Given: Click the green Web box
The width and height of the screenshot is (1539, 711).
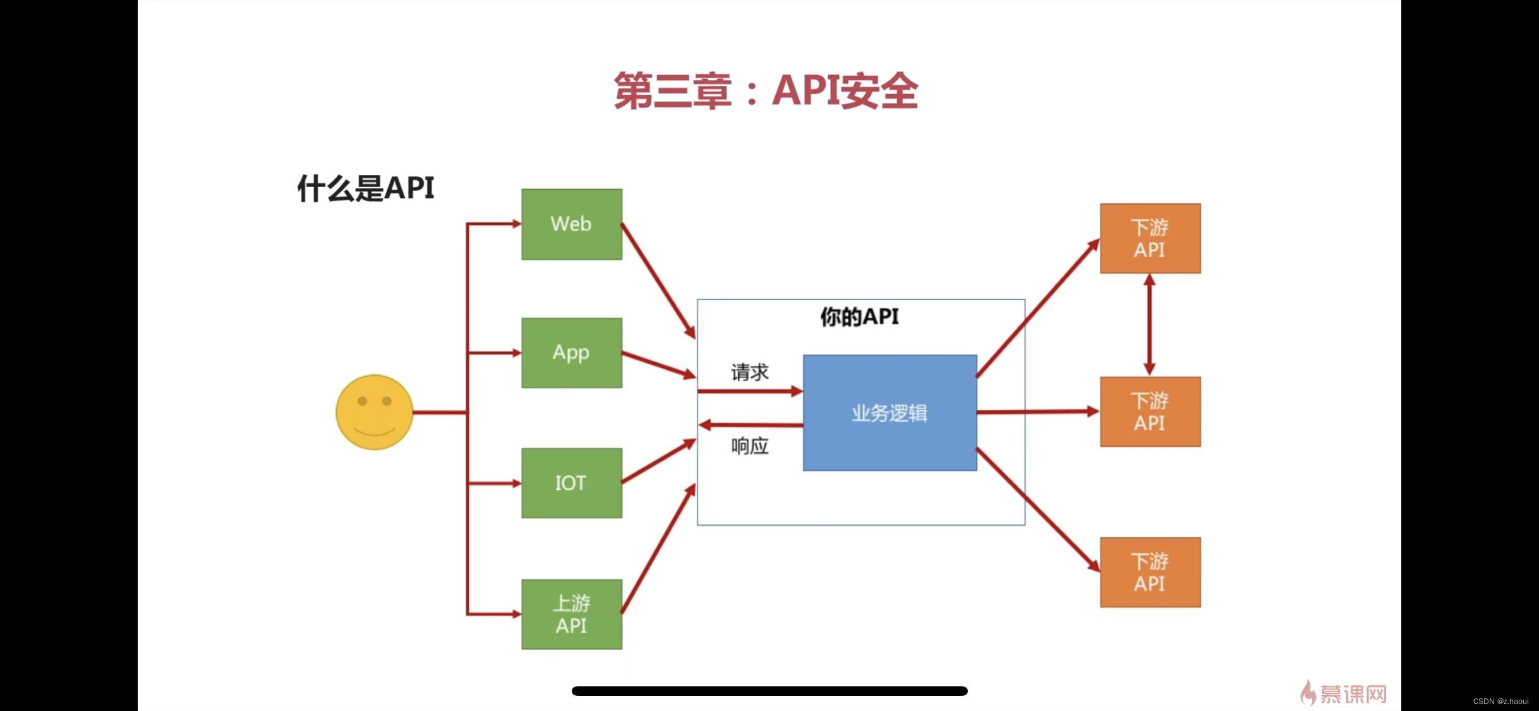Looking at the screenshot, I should click(571, 224).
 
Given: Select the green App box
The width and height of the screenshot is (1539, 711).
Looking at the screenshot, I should click(571, 353).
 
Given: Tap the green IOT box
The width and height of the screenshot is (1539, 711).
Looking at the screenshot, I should click(571, 483).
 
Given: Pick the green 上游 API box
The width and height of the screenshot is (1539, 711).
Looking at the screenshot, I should click(571, 614).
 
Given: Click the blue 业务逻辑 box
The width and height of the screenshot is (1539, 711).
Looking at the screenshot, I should click(890, 413).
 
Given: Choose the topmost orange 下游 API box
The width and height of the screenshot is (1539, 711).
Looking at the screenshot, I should click(1150, 238).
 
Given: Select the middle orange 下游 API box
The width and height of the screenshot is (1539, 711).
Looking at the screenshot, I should click(1150, 411).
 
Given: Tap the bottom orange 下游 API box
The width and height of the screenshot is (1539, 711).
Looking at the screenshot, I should click(1150, 572).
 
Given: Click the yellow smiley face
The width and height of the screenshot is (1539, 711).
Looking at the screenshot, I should click(374, 412).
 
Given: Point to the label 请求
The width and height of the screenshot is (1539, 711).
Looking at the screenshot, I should click(750, 372).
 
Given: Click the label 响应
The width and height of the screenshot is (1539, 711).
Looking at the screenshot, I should click(750, 446).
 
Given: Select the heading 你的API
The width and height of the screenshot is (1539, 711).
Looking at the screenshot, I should click(859, 317).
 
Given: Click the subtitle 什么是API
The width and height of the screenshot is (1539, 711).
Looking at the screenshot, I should click(366, 188).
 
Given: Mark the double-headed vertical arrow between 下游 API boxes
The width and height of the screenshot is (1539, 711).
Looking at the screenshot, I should click(1149, 325).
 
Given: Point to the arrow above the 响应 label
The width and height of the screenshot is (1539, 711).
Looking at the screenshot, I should click(751, 425).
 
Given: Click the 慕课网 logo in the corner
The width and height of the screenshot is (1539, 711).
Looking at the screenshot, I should click(1344, 693).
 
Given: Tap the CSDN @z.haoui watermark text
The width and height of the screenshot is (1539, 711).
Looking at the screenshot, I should click(1500, 702).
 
